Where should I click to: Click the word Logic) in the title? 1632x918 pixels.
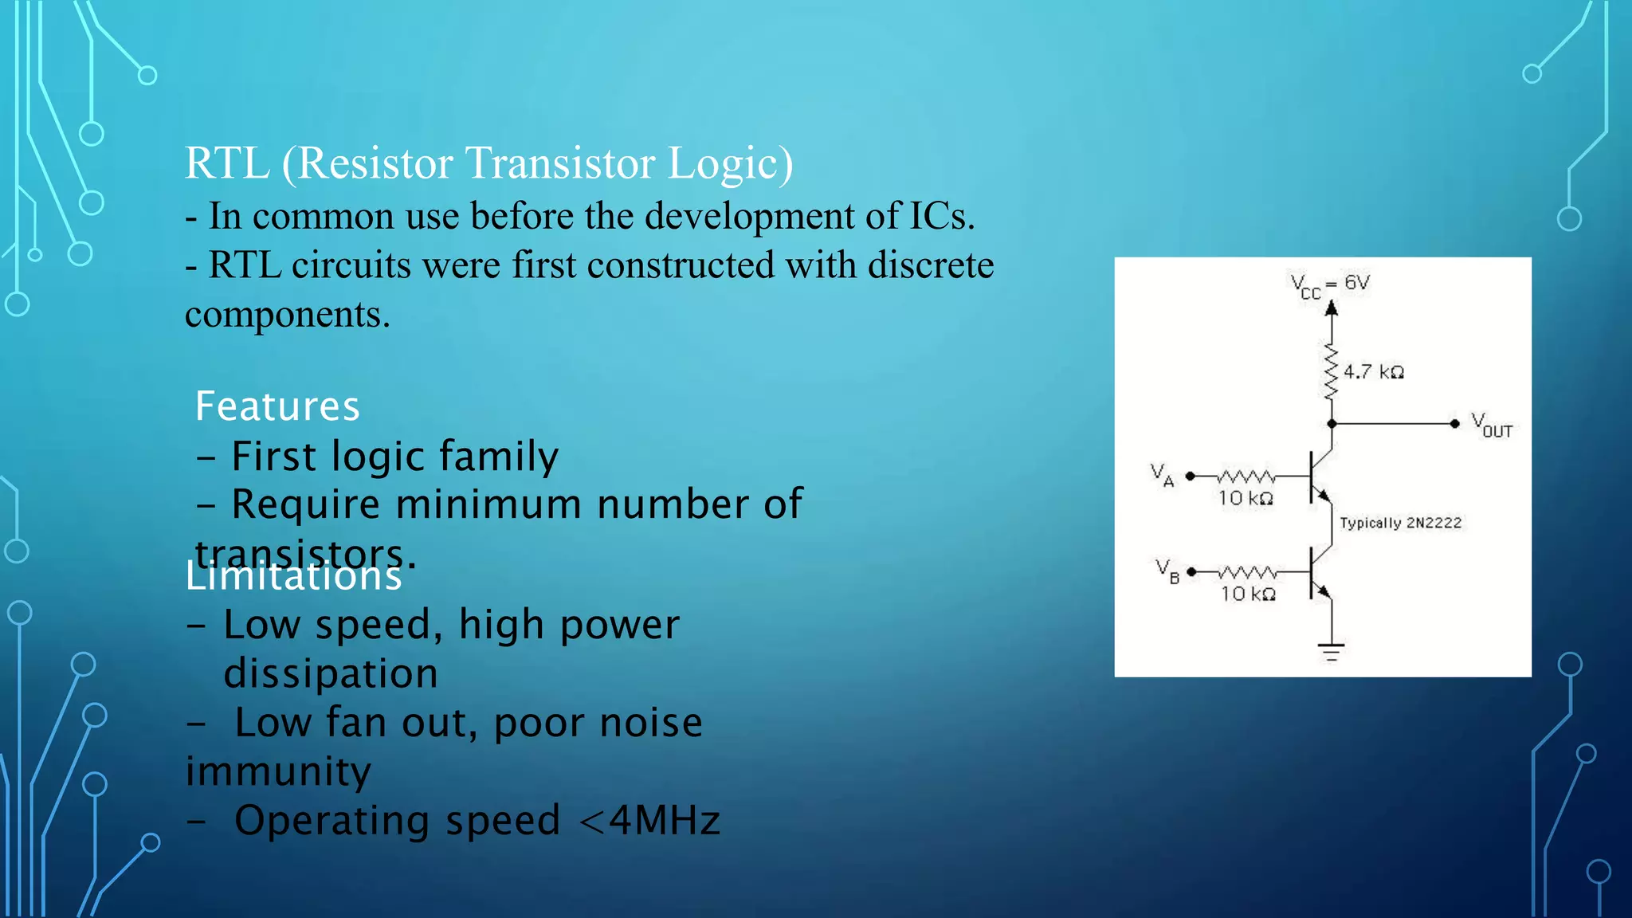click(730, 163)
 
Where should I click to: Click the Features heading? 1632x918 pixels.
click(277, 406)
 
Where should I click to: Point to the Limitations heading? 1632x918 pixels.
click(293, 575)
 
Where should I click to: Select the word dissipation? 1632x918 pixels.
click(331, 674)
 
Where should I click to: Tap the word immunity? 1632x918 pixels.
click(278, 771)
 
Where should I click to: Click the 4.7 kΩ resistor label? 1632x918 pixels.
click(1374, 372)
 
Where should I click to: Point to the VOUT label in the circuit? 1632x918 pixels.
click(1491, 425)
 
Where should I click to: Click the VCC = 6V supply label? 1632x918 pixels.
click(1329, 284)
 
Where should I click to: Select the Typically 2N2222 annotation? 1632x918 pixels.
click(1401, 523)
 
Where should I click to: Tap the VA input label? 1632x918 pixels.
click(1162, 475)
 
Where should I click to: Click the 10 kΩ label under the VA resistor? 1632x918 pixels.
click(1246, 499)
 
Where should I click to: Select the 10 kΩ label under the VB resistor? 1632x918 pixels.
click(1249, 594)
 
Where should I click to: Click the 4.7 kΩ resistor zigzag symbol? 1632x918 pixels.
click(1331, 371)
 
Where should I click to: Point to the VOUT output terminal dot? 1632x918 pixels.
click(1454, 424)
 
